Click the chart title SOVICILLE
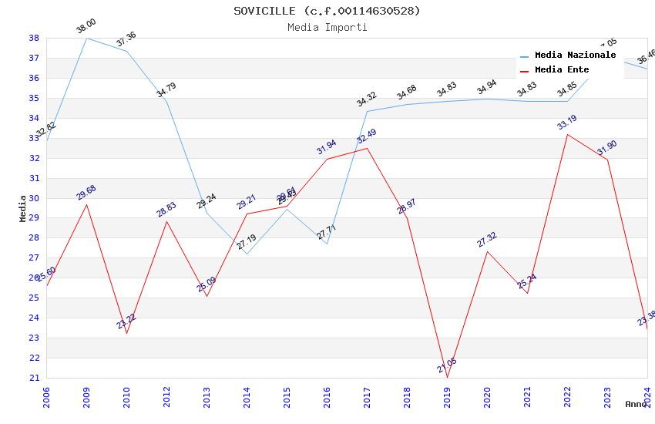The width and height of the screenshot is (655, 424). coord(327,11)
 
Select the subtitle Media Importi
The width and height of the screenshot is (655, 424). coord(327,28)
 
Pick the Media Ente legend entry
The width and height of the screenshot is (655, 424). coord(562,70)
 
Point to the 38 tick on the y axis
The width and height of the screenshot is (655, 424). coord(34,38)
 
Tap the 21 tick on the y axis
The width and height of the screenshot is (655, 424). coord(34,378)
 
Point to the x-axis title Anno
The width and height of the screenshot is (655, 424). coord(636,404)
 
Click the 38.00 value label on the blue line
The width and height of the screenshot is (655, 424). coord(86,27)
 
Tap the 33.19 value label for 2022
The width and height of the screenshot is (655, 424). coord(567,123)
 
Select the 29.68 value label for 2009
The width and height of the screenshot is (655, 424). coord(86,193)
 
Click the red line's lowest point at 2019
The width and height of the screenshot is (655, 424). coord(448,377)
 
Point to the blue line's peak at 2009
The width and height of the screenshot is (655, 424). coord(86,38)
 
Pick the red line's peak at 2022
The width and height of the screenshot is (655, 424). coord(568,134)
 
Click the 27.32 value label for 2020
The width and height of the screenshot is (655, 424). coord(487,240)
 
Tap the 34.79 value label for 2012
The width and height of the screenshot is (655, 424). coord(166,90)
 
